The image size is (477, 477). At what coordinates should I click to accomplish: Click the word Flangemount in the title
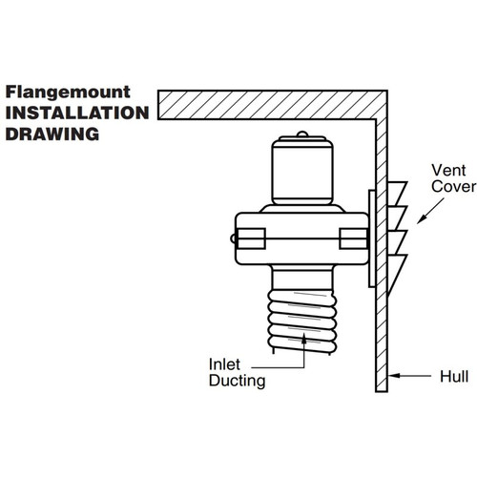point(68,93)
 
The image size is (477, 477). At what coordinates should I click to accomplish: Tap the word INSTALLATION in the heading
point(77,113)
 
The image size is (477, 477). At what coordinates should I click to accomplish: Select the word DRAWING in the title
point(52,134)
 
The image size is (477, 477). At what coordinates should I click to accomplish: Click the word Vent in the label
point(448,170)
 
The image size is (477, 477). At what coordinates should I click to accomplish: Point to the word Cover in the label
point(454,186)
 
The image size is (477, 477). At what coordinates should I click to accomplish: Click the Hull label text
point(454,377)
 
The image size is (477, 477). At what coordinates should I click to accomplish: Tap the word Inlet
point(224,364)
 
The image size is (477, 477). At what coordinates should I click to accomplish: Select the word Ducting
point(238,381)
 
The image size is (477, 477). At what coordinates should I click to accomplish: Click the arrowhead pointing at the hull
point(394,376)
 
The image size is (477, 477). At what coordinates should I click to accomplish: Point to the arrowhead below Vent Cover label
point(422,219)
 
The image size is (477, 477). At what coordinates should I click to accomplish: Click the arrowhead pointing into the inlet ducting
point(304,339)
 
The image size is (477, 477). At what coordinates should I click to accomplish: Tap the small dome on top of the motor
point(301,134)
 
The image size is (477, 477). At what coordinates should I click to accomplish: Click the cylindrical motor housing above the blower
point(302,171)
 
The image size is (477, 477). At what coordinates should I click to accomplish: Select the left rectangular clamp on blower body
point(251,238)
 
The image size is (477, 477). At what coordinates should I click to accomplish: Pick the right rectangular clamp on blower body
point(353,238)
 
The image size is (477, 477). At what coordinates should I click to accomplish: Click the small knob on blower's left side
point(234,238)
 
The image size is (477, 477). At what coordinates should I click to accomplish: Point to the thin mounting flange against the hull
point(372,238)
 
